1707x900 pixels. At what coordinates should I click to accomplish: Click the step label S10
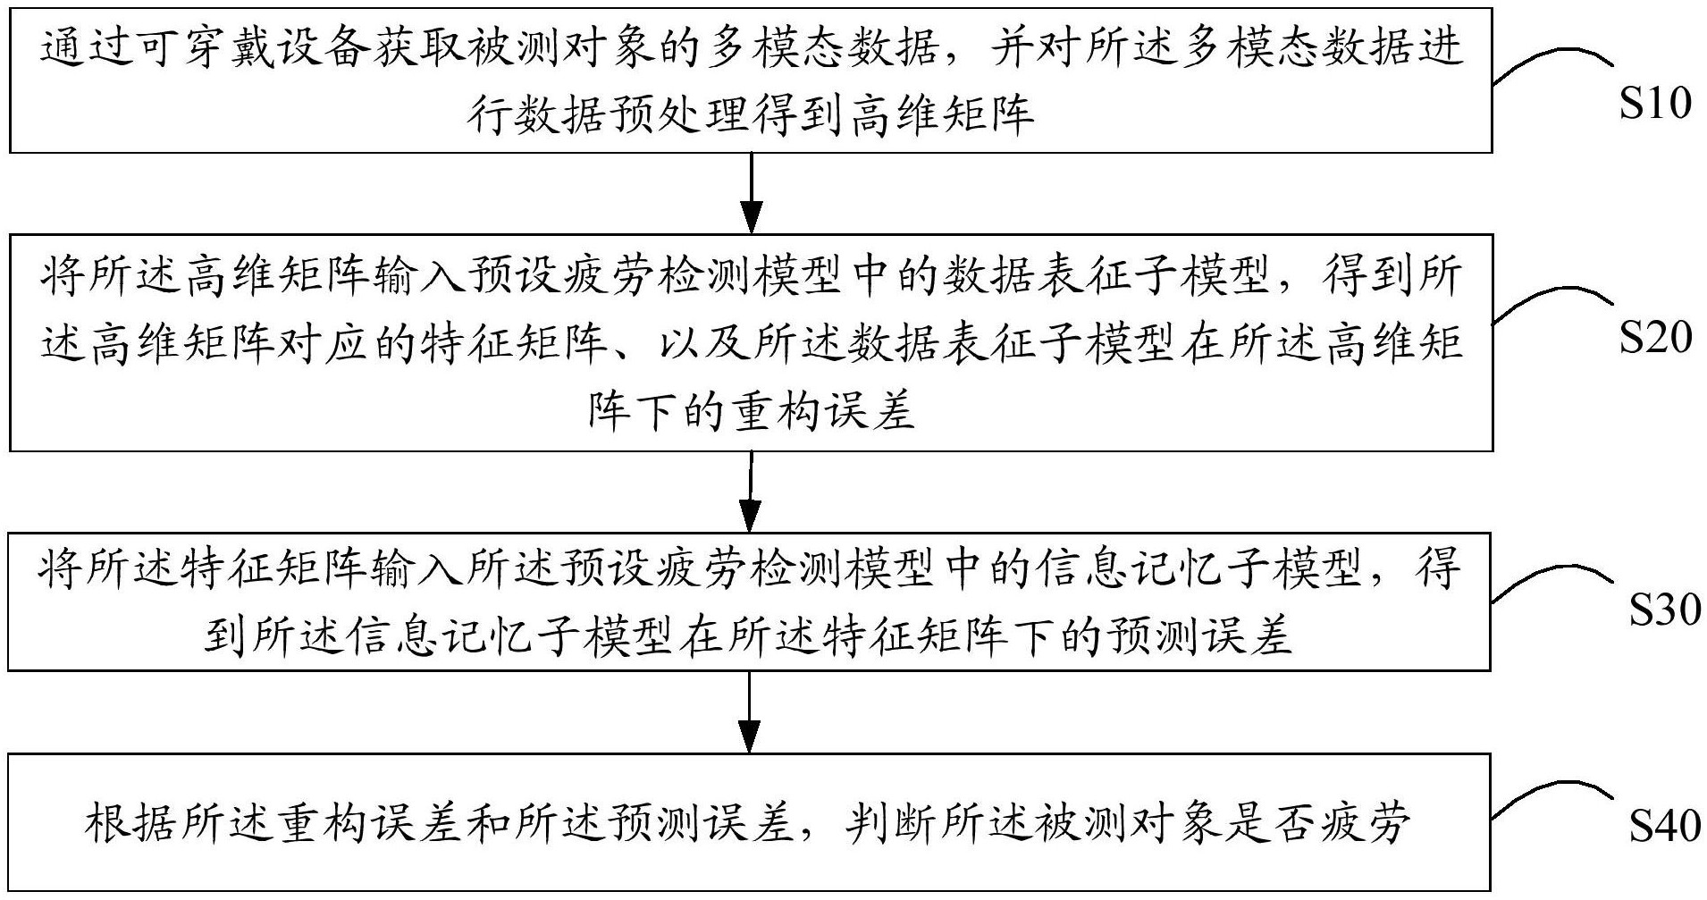[x=1655, y=105]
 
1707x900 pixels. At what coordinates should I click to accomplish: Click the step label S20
[x=1655, y=339]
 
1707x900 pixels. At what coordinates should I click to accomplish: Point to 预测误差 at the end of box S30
[x=1199, y=636]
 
